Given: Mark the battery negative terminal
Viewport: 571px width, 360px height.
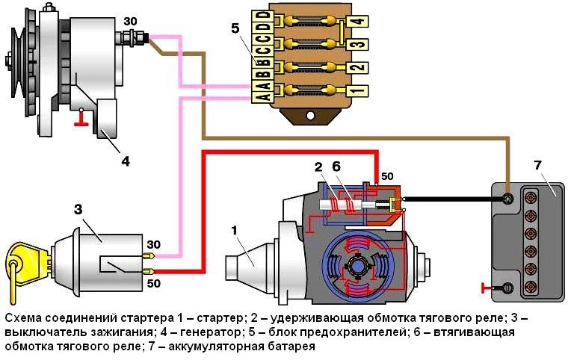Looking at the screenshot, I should click(x=507, y=287).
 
